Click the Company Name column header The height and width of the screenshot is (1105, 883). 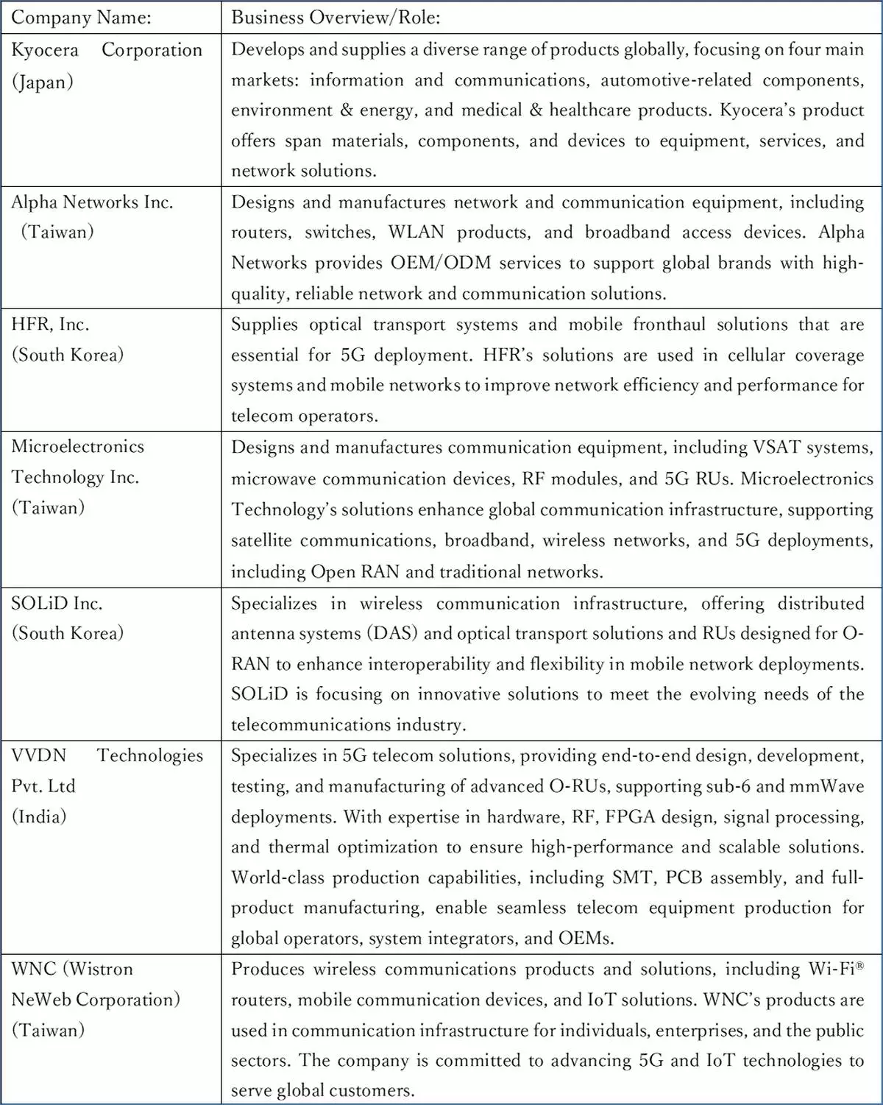[x=81, y=17]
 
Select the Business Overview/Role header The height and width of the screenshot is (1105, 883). [x=336, y=17]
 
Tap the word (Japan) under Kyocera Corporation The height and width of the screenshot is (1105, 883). [x=42, y=81]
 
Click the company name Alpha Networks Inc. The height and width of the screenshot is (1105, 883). [x=92, y=202]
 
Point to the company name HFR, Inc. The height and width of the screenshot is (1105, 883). [x=50, y=324]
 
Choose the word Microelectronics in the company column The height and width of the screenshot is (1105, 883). [x=77, y=446]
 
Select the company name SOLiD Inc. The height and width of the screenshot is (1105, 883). [x=57, y=603]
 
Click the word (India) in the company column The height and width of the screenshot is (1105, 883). [x=39, y=816]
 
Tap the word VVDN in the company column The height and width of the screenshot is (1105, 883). [x=38, y=755]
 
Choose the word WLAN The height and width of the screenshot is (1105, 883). [x=416, y=232]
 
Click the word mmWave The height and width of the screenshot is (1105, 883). [x=826, y=785]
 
